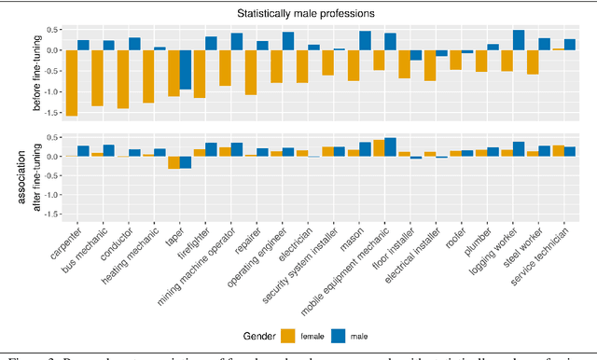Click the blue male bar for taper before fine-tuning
(x=186, y=69)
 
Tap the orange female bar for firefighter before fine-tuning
(x=198, y=74)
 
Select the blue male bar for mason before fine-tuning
(x=365, y=40)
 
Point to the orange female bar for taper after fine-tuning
(x=173, y=162)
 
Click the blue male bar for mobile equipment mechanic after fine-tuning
(x=390, y=147)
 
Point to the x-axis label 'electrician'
(x=293, y=235)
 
